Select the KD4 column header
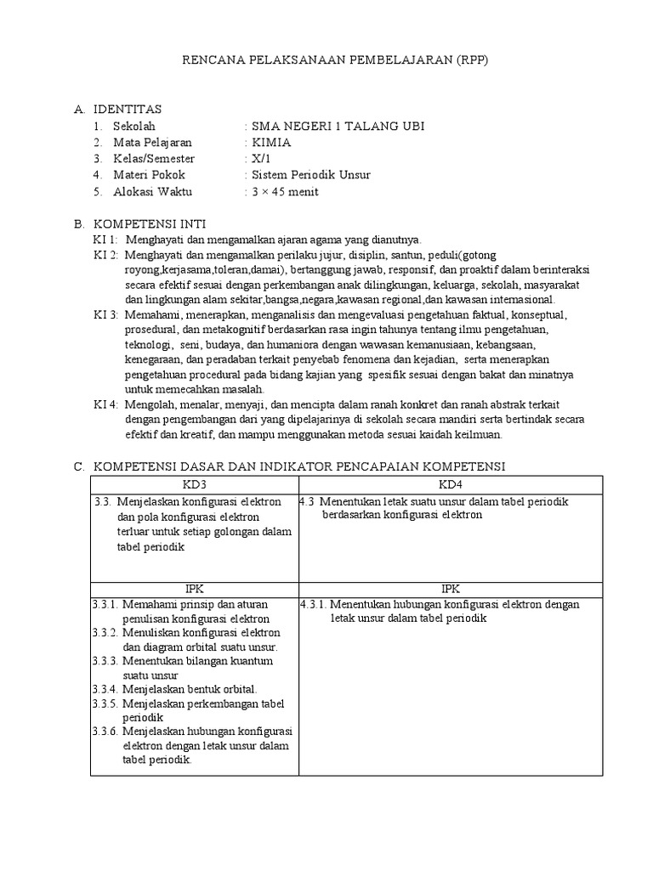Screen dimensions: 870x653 click(449, 484)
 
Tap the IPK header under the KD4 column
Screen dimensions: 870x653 click(449, 588)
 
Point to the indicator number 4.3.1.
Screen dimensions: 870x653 click(313, 604)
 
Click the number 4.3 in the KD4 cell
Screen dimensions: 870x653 click(308, 501)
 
